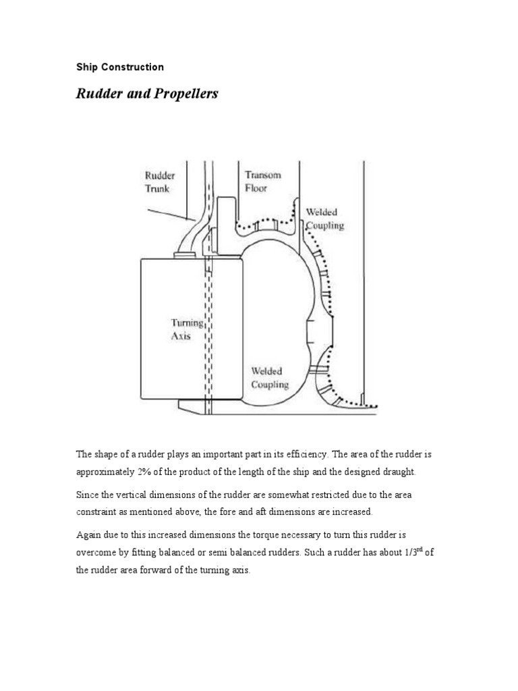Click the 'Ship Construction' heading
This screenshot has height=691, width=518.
[119, 67]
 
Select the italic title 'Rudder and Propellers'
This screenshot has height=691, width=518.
[146, 94]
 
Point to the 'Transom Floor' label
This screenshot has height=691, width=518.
[262, 182]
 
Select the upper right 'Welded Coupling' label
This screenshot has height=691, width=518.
[324, 219]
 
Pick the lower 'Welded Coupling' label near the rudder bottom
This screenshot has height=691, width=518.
[270, 378]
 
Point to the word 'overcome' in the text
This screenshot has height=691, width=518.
[96, 551]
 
